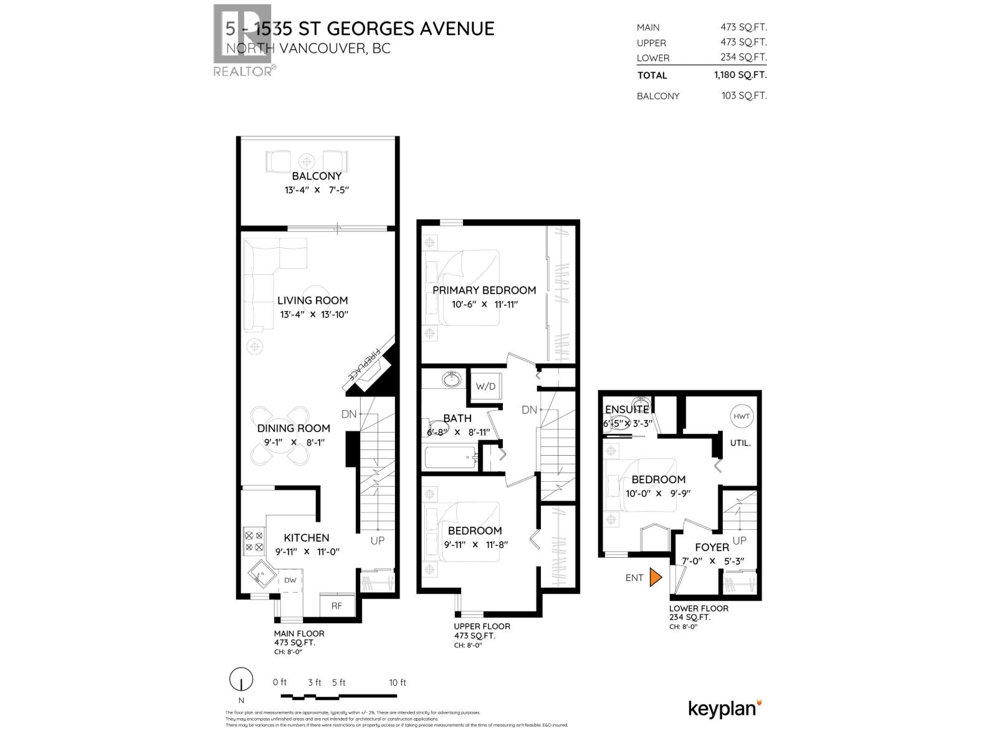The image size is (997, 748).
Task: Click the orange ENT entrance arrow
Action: pos(654,577)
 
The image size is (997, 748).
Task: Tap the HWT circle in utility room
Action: pos(741,416)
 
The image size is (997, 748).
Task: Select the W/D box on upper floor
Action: pos(485,386)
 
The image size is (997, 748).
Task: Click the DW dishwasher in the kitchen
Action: pos(290,580)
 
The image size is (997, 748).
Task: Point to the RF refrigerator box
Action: pos(336,605)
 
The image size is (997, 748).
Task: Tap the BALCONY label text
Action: pos(317,176)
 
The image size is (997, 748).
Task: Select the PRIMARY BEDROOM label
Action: pos(484,290)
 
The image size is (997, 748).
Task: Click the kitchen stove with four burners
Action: pos(254,540)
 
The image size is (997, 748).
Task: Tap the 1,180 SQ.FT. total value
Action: pos(740,75)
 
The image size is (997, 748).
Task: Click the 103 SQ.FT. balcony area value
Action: pos(744,95)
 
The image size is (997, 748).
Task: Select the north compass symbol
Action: pos(241,679)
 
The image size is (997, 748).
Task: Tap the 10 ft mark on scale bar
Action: pos(398,683)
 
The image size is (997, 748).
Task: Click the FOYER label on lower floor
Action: pos(712,547)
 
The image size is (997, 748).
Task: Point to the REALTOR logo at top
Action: pos(243,41)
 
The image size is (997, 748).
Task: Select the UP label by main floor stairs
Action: pos(378,540)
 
